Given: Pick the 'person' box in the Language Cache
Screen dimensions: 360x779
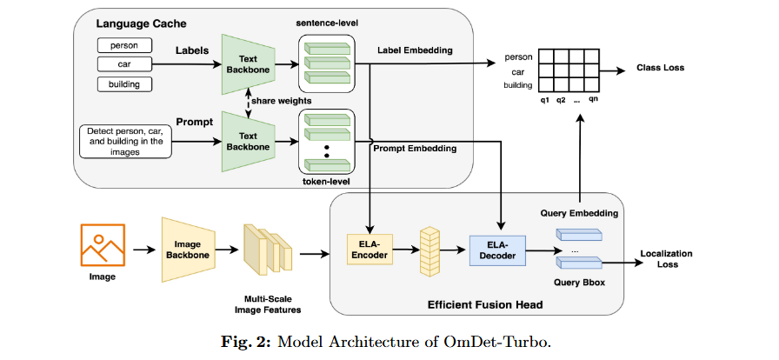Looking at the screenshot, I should point(124,44).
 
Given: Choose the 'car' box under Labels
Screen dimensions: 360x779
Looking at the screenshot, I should point(124,64).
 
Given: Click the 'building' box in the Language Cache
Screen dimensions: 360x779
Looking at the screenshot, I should point(124,84).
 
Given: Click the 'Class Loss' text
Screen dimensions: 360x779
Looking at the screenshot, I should point(661,68).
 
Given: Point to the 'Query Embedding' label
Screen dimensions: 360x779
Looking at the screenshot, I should point(578,212).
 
